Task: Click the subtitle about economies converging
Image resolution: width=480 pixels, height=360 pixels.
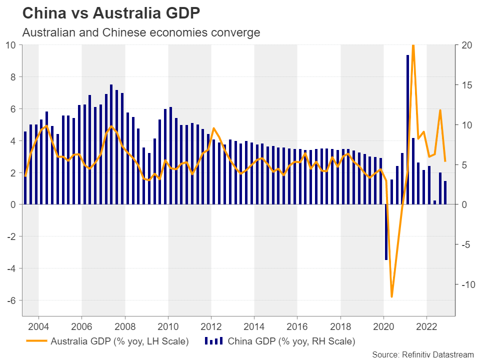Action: (141, 32)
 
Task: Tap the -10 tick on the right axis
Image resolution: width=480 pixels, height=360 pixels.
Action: (465, 284)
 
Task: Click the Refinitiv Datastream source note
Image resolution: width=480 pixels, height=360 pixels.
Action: (422, 354)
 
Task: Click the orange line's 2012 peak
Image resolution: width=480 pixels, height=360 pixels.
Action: (213, 128)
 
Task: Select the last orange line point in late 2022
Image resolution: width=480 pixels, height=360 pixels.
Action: (445, 161)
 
